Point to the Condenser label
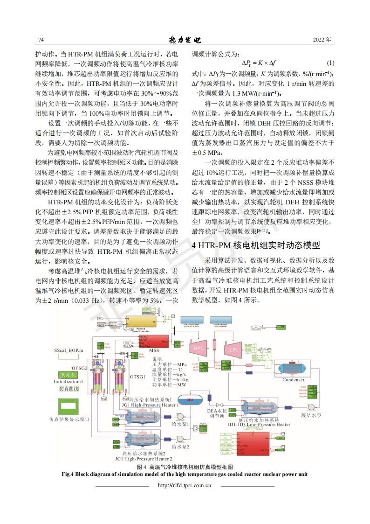tap(294, 380)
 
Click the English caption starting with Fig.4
tap(185, 474)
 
